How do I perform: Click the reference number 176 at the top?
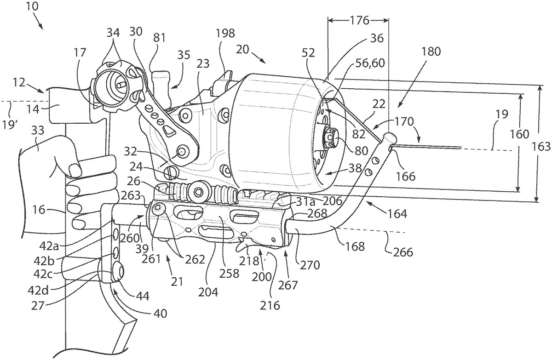[x=359, y=20]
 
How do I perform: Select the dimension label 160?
[x=519, y=134]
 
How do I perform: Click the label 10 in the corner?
[x=32, y=6]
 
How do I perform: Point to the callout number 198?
[x=225, y=33]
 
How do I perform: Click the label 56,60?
[x=370, y=63]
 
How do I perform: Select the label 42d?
[x=39, y=290]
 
